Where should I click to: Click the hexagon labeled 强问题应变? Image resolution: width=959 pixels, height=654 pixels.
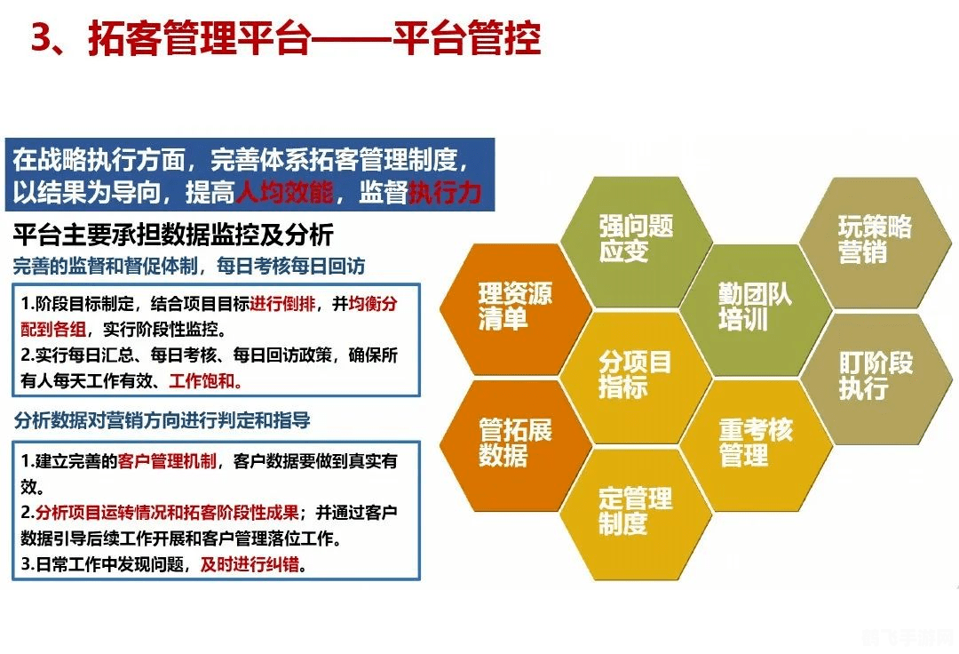click(x=636, y=238)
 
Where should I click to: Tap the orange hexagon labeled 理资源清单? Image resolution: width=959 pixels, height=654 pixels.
click(x=516, y=307)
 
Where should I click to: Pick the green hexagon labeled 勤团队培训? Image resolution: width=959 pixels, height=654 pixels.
click(x=755, y=307)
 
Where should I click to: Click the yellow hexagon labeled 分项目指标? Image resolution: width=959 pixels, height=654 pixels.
click(x=636, y=374)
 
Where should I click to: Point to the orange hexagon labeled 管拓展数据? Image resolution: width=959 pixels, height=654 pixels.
click(x=516, y=443)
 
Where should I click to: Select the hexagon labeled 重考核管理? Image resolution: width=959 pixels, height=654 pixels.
click(x=755, y=443)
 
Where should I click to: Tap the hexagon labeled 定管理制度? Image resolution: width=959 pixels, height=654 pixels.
click(x=636, y=511)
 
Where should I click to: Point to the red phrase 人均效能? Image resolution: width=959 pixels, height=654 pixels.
click(x=283, y=192)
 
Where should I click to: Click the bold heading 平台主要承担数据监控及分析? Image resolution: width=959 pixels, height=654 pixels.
click(x=173, y=235)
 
